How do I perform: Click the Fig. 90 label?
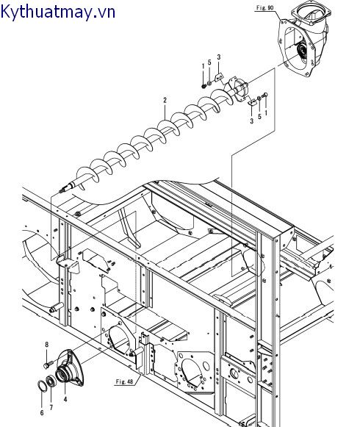click(264, 7)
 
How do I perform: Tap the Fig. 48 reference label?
click(125, 381)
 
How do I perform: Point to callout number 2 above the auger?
click(165, 100)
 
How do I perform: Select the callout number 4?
click(65, 399)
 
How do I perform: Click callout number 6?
click(42, 413)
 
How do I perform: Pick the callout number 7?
click(51, 407)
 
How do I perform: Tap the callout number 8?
click(46, 345)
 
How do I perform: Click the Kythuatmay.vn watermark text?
click(57, 12)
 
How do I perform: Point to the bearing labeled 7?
click(50, 381)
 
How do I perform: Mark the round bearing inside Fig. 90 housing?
click(302, 51)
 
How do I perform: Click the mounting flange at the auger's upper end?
click(237, 90)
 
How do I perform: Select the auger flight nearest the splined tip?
click(87, 174)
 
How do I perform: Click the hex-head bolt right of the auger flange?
click(265, 96)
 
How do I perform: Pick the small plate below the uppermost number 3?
click(219, 77)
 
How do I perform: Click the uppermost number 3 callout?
click(219, 57)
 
